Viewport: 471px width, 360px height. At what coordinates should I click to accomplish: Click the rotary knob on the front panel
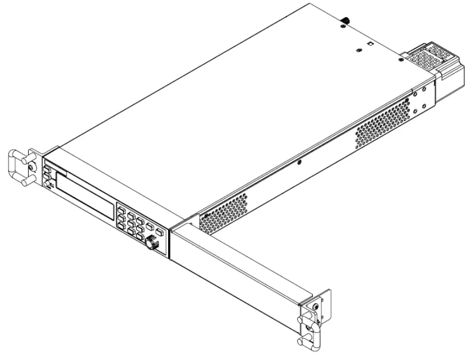[152, 242]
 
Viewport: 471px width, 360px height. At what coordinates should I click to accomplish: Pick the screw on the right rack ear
[315, 307]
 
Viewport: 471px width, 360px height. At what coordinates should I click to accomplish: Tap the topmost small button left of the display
[47, 170]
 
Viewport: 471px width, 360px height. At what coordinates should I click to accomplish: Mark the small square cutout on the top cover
[370, 44]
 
